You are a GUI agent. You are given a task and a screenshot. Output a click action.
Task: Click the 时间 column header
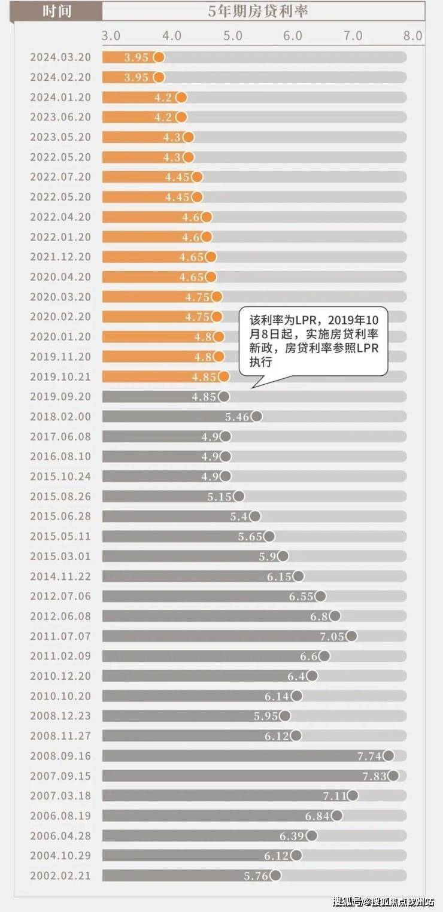coord(57,11)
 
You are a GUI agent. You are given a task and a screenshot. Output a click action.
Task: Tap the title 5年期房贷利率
coord(258,11)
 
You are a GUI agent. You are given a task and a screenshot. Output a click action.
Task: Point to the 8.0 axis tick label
coord(412,36)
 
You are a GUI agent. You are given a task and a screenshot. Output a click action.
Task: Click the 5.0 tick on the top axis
coord(232,36)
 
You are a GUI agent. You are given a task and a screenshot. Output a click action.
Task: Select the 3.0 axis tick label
coord(111,36)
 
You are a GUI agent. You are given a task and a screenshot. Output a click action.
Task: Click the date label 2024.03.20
coord(60,57)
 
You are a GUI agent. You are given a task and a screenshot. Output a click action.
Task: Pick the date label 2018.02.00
coord(60,417)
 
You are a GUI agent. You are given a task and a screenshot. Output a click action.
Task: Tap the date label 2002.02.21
coord(60,875)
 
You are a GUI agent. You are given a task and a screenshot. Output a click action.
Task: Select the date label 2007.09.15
coord(60,776)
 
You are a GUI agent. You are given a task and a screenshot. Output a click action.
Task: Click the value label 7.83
coord(374,776)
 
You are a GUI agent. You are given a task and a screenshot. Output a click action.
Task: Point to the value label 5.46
coord(236,417)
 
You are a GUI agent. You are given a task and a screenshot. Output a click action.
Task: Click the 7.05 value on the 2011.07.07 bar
coord(332,636)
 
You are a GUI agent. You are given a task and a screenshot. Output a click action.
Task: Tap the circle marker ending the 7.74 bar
coord(389,756)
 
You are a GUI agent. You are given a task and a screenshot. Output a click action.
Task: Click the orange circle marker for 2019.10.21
coord(223,376)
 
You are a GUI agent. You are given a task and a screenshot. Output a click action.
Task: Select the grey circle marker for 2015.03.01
coord(283,556)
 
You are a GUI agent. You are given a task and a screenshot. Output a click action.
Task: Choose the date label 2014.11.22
coord(60,576)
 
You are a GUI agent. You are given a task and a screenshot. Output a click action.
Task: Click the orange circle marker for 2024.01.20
coord(181,98)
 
